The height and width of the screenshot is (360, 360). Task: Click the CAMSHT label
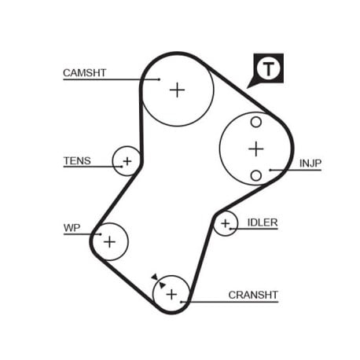click(84, 72)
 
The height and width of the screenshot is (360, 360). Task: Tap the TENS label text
click(77, 160)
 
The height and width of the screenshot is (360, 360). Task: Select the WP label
click(72, 228)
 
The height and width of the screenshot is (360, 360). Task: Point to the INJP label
click(310, 163)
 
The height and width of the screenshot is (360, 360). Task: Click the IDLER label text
click(263, 222)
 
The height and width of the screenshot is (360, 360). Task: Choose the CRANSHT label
click(253, 295)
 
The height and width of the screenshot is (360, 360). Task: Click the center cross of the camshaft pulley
click(178, 90)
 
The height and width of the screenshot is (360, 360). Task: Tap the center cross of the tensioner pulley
click(127, 161)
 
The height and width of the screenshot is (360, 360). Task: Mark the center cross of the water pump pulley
click(109, 241)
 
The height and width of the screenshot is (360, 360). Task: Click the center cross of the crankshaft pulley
click(171, 295)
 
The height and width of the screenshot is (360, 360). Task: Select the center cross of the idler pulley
click(226, 223)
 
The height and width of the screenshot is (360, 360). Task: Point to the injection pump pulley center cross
click(256, 149)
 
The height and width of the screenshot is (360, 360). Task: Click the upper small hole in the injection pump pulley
click(256, 122)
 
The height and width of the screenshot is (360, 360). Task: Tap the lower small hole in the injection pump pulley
click(256, 175)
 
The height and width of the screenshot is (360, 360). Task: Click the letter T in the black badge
click(268, 69)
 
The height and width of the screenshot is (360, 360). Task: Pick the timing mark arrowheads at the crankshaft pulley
click(159, 281)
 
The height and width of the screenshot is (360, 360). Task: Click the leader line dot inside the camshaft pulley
click(159, 79)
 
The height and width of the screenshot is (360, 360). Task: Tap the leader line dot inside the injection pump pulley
click(270, 170)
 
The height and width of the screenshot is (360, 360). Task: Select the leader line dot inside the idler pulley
click(230, 229)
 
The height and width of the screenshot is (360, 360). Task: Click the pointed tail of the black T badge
click(248, 88)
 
